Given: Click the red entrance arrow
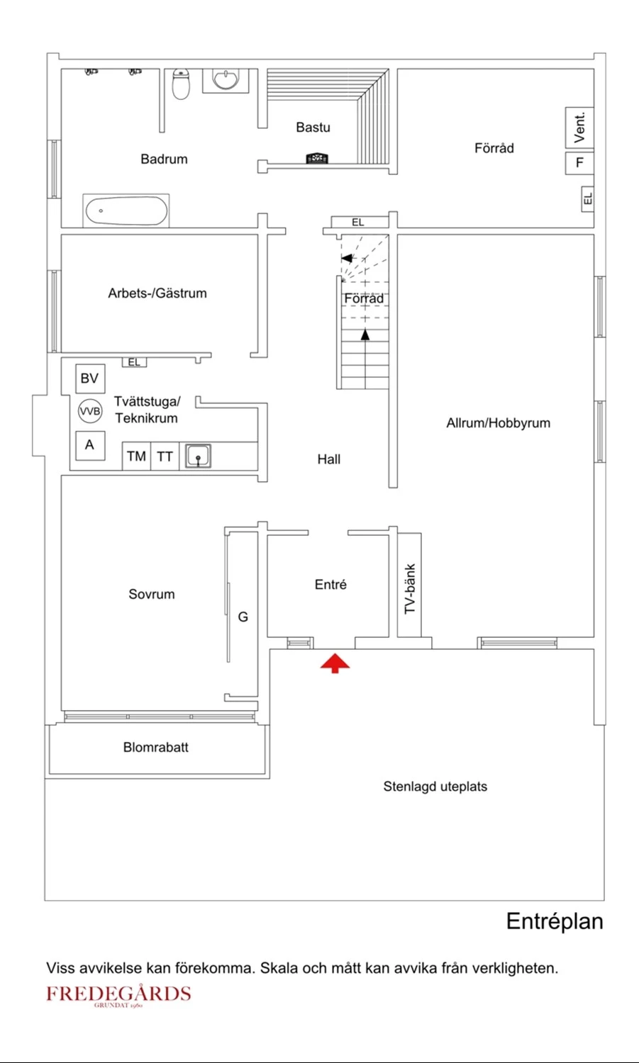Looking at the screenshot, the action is click(x=335, y=663).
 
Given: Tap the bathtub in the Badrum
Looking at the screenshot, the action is click(x=126, y=210).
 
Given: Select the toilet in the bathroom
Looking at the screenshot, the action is click(x=181, y=84).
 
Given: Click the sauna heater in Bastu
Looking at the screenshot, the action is click(x=317, y=158).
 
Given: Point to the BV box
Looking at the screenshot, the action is click(x=90, y=378).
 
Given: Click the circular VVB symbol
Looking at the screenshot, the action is click(x=90, y=411).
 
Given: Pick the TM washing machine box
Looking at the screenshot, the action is click(x=136, y=456).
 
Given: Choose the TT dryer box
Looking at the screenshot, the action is click(x=165, y=456).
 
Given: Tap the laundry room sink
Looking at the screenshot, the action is click(x=198, y=456).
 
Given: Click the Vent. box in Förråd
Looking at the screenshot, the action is click(x=579, y=128).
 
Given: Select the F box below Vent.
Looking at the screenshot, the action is click(x=579, y=163).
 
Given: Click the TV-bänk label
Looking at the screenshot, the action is click(x=409, y=589).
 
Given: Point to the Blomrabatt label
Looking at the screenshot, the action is click(x=156, y=748).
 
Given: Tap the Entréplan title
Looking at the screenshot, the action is click(x=555, y=921).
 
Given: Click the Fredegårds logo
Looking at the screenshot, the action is click(x=118, y=994).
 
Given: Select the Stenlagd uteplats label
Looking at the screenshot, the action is click(x=435, y=787).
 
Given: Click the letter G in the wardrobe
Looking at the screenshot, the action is click(x=243, y=617).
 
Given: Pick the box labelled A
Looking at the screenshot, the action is click(x=90, y=445).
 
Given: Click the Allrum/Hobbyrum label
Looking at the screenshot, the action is click(x=499, y=423).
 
